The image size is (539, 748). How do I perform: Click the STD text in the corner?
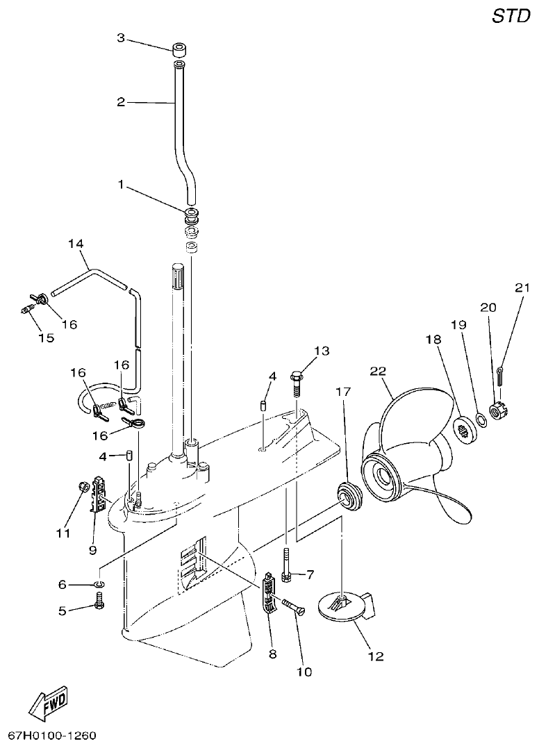511,17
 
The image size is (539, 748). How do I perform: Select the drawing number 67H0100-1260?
52,735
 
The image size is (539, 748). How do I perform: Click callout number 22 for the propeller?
378,372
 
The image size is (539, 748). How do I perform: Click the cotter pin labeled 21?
502,374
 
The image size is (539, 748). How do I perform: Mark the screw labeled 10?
294,608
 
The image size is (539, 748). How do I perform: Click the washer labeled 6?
99,585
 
